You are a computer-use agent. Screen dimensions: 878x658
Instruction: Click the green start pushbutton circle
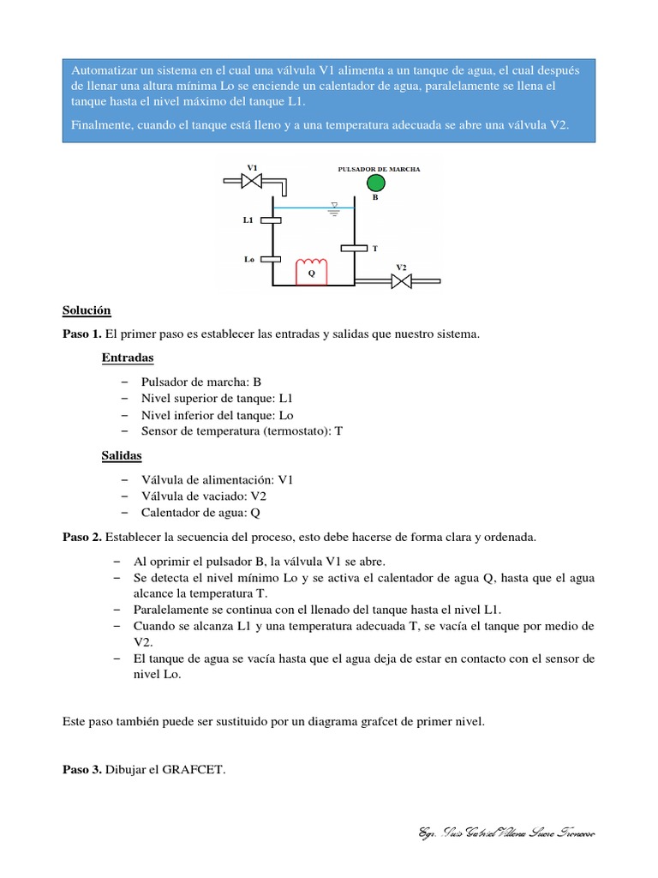pos(375,183)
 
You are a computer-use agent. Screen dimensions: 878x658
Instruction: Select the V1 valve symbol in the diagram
pos(252,180)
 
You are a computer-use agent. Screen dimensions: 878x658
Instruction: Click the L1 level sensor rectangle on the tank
pos(272,220)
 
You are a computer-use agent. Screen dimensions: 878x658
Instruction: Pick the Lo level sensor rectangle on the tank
pos(272,259)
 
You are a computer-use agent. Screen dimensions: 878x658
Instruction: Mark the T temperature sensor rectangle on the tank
pos(354,249)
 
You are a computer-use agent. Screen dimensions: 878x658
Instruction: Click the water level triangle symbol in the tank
pos(335,206)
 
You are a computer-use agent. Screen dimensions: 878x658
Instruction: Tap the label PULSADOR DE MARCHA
pos(380,170)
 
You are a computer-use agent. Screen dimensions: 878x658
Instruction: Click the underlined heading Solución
pos(87,310)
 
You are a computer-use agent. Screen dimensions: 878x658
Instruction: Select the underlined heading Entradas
pos(128,357)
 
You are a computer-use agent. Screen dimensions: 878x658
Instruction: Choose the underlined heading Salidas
pos(122,456)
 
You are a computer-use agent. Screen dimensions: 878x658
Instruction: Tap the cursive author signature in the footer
pos(506,833)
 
